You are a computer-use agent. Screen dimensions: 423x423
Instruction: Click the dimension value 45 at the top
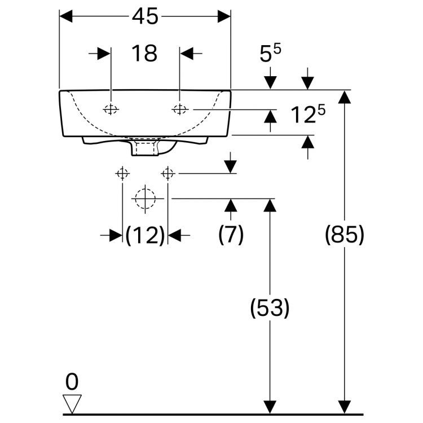145,17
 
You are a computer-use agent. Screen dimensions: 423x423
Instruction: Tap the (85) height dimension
344,235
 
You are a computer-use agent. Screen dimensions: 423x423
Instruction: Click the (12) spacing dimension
145,236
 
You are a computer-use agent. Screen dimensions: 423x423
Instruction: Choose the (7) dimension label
231,235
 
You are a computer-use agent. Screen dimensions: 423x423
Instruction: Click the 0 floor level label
72,382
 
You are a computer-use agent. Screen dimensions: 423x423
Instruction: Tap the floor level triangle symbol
72,403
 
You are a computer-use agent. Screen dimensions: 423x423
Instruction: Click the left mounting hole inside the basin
112,109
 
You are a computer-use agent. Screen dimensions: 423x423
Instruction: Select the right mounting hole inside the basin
179,109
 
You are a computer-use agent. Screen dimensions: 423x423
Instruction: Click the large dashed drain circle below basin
145,199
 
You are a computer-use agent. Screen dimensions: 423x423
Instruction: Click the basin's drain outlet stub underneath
144,148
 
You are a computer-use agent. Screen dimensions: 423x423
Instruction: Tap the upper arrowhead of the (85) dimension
344,97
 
